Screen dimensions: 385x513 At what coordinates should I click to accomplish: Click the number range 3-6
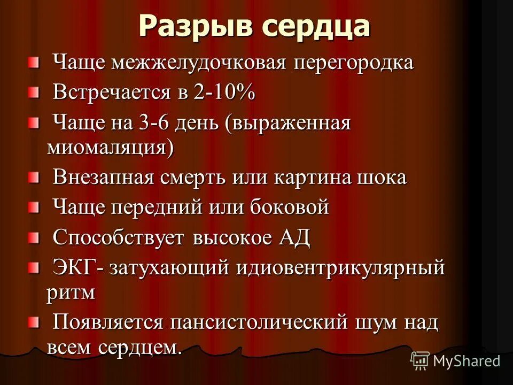click(168, 124)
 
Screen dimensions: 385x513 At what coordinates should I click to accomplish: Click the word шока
click(381, 178)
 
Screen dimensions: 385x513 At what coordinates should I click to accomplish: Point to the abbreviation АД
click(294, 237)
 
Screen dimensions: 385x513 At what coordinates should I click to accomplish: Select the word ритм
click(71, 291)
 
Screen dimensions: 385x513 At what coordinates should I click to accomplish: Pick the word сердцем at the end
click(140, 347)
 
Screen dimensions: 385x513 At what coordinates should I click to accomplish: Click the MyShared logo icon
click(419, 360)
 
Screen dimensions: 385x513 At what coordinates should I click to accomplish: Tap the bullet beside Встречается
click(34, 93)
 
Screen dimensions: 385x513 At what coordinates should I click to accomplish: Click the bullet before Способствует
click(34, 236)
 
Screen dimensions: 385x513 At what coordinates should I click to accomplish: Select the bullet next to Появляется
click(34, 322)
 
